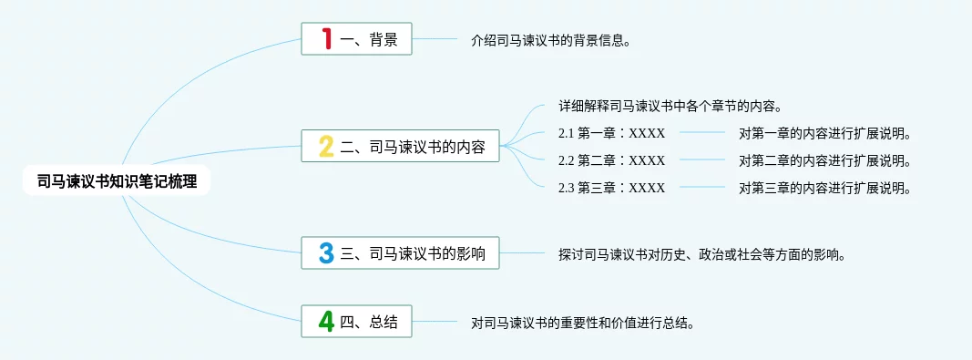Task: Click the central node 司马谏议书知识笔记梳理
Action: pyautogui.click(x=117, y=181)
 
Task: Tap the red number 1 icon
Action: pyautogui.click(x=327, y=38)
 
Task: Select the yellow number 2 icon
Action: pyautogui.click(x=326, y=146)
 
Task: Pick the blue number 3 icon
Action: pyautogui.click(x=326, y=252)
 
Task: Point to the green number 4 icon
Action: pyautogui.click(x=326, y=321)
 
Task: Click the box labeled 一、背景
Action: pyautogui.click(x=356, y=38)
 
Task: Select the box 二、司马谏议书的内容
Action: pyautogui.click(x=400, y=146)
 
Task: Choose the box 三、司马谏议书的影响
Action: pyautogui.click(x=400, y=252)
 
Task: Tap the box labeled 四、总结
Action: pyautogui.click(x=356, y=321)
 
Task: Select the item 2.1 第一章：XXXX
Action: pyautogui.click(x=611, y=133)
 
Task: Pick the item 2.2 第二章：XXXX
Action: pyautogui.click(x=611, y=160)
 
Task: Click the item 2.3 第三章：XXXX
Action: pyautogui.click(x=611, y=188)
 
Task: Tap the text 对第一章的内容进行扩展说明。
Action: pyautogui.click(x=824, y=133)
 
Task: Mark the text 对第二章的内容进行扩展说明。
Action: pyautogui.click(x=824, y=160)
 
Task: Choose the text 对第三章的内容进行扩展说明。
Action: pyautogui.click(x=824, y=188)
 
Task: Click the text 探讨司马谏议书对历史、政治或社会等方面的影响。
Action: pyautogui.click(x=701, y=255)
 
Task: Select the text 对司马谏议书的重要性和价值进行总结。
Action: pyautogui.click(x=581, y=324)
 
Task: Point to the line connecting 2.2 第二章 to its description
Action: pyautogui.click(x=701, y=160)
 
